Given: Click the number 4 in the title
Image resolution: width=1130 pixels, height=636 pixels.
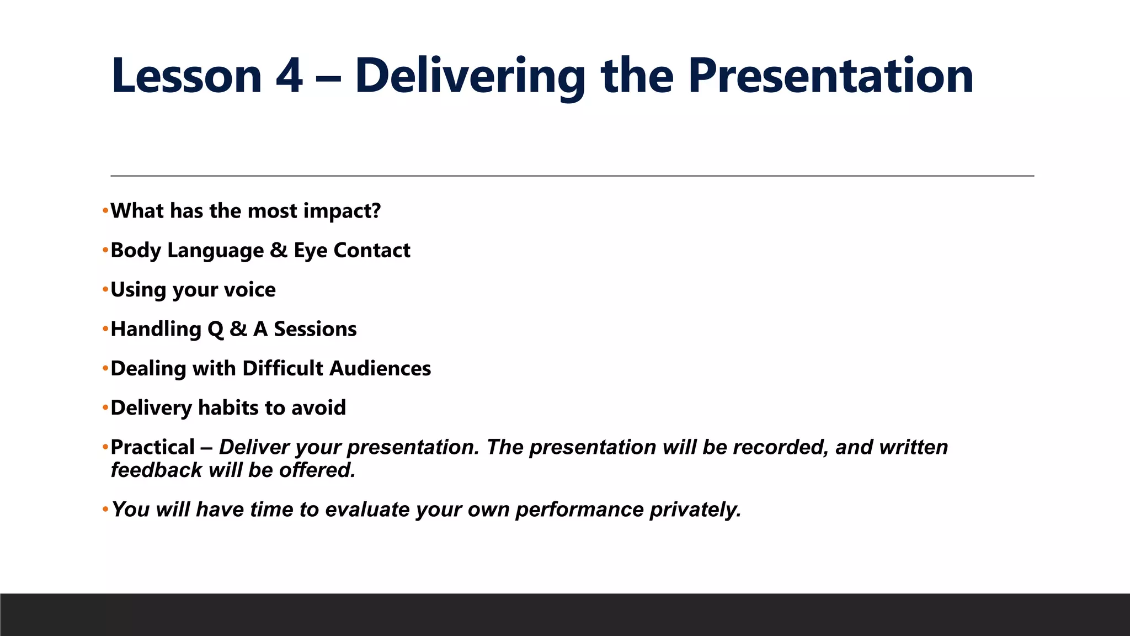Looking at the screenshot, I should coord(289,76).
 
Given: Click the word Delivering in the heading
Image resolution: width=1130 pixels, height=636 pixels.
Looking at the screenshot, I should coord(470,76).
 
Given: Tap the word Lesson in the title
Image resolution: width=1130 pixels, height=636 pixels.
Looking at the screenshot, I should coord(186,76).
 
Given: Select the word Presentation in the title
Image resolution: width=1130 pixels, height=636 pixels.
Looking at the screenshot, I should coord(830,76).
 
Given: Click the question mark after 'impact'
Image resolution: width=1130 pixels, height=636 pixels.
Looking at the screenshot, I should coord(376,211).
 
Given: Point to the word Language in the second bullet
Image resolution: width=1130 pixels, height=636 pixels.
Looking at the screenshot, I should coord(215,251).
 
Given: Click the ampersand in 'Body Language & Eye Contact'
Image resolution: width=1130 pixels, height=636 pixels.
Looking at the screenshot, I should coord(279,251).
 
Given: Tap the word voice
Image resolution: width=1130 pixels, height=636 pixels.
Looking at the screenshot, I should coord(249,290).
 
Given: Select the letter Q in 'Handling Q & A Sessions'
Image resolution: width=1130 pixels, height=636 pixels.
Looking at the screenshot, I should coord(215,330).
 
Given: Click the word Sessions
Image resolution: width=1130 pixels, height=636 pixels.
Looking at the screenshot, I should coord(315,329).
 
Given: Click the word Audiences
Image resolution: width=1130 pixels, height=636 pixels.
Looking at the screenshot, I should coord(380,368).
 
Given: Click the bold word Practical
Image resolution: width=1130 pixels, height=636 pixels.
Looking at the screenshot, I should coord(152,447).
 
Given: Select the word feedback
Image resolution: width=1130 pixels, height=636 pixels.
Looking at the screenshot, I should coord(156,470).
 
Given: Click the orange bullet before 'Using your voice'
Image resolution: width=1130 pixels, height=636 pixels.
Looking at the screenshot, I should coord(105,290).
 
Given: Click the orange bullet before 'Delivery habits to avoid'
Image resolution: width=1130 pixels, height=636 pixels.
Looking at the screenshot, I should coord(105,408).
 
